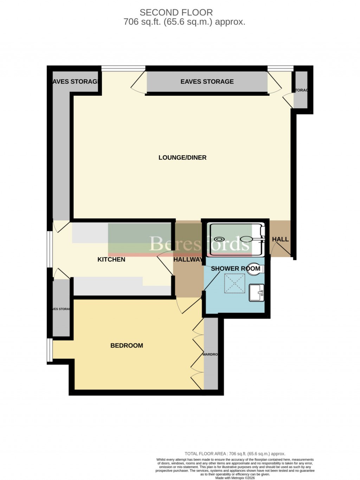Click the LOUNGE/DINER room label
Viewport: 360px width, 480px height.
click(182, 158)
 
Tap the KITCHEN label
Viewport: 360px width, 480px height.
click(111, 259)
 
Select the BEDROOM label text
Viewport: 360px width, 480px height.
click(127, 346)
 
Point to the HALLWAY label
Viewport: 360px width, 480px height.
click(188, 260)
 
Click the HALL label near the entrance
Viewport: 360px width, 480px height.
click(280, 239)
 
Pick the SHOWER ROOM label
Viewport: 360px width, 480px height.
click(236, 269)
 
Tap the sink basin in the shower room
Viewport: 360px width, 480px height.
click(256, 293)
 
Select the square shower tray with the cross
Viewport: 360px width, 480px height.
click(234, 283)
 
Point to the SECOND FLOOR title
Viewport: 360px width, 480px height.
click(176, 12)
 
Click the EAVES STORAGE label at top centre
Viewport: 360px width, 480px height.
click(207, 82)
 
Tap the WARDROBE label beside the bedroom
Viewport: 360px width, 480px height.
click(210, 354)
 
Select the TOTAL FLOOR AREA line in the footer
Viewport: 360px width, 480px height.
click(235, 454)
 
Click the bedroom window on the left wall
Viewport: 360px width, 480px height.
click(50, 350)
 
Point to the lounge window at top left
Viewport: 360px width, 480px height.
click(123, 68)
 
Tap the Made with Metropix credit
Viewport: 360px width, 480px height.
click(235, 478)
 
